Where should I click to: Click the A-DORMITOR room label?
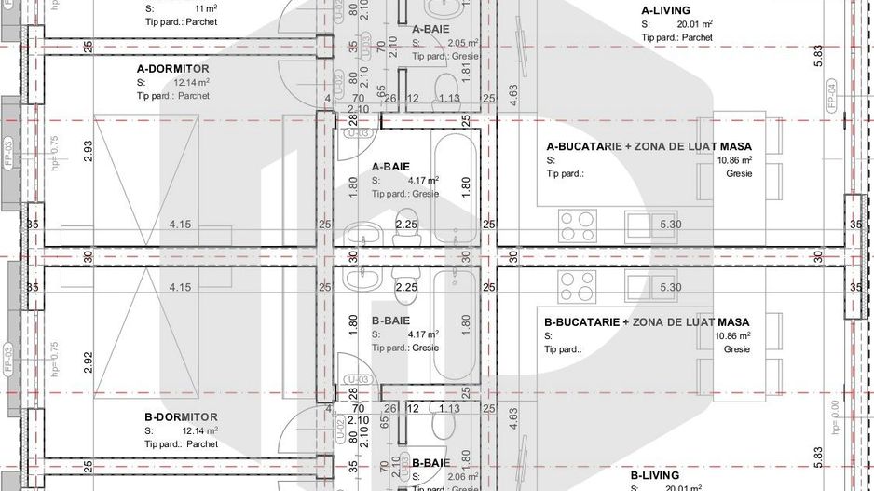coord(172,69)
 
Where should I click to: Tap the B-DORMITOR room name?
coord(181,416)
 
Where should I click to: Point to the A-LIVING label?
coord(665,10)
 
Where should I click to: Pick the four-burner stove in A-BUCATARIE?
coord(578,225)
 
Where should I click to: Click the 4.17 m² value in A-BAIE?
coord(424,181)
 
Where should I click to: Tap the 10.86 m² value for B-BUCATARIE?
coord(733,335)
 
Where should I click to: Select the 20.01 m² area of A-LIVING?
coord(695,24)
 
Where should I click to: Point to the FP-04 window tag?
coord(831,95)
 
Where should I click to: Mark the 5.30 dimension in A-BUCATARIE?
coord(669,225)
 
